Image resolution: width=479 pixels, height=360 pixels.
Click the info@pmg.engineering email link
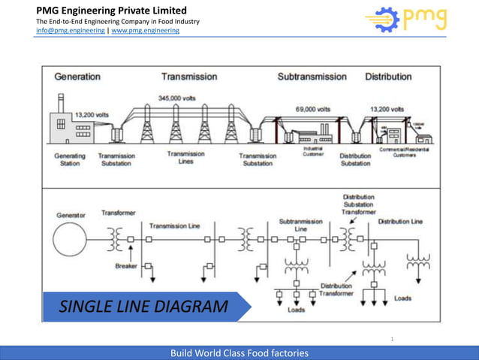[x=71, y=31]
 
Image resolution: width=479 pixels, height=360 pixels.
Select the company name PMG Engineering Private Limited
[x=111, y=11]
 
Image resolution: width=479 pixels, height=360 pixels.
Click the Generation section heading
[x=77, y=77]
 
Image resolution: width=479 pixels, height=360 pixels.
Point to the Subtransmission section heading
[x=312, y=77]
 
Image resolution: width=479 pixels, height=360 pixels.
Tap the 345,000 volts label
[x=179, y=97]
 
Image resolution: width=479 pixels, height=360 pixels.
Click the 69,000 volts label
[x=312, y=109]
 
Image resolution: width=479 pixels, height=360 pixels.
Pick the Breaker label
[x=126, y=266]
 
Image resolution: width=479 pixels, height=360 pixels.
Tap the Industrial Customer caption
[x=313, y=151]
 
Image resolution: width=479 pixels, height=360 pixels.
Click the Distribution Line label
[x=400, y=222]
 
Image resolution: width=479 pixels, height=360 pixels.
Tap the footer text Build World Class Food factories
[x=239, y=352]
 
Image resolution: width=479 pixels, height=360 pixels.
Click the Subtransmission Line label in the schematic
[x=300, y=225]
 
